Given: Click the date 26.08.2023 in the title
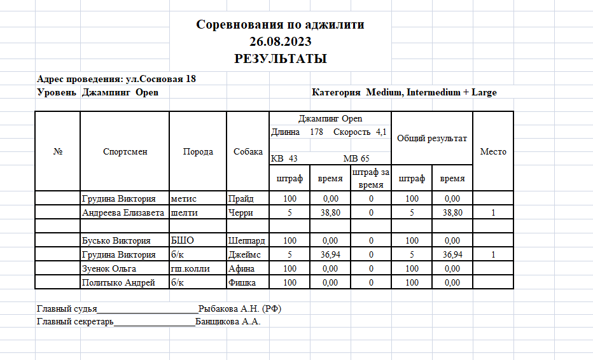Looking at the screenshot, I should tap(280, 43).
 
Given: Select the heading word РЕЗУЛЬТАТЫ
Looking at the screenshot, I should tap(280, 59).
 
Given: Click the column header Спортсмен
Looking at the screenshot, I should tap(125, 151).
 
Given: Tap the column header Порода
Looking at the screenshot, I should tap(198, 151).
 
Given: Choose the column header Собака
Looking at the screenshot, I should tap(248, 151).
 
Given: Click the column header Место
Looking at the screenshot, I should tap(493, 151).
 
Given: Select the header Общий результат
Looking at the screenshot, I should tap(432, 138).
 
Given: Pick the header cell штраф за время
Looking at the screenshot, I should tap(371, 179).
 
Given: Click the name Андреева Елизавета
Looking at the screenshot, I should tap(124, 212).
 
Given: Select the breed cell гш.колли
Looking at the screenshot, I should tap(190, 268).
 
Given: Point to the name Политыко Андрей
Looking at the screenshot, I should tap(118, 282).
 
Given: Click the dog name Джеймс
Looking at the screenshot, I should tap(244, 254).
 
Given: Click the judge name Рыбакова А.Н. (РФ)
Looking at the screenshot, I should tap(240, 308).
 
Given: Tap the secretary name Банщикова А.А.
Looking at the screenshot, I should tap(228, 321).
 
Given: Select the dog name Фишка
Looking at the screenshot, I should tap(242, 282).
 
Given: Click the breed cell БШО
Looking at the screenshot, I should tap(182, 241).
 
